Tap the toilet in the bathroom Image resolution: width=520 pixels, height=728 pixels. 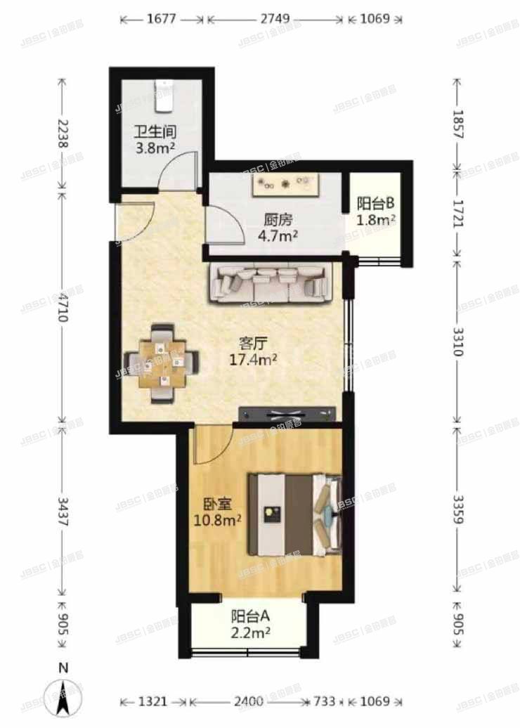tap(163, 97)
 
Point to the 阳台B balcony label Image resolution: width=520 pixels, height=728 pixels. tap(375, 204)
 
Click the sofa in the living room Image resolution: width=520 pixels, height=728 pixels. tap(271, 282)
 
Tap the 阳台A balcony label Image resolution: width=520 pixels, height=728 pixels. tap(251, 617)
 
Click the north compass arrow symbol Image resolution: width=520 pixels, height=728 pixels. tap(63, 696)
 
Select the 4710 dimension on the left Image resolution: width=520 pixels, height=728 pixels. tap(63, 307)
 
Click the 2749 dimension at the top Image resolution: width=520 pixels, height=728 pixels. tap(275, 20)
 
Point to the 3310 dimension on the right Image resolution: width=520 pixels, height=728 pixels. tap(457, 339)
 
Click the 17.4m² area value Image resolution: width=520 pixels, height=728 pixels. tap(252, 360)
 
